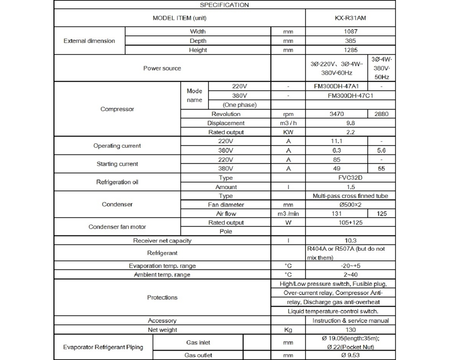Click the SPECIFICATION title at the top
pyautogui.click(x=224, y=5)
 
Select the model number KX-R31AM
pyautogui.click(x=350, y=18)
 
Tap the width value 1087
pyautogui.click(x=350, y=32)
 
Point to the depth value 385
pyautogui.click(x=350, y=41)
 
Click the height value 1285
pyautogui.click(x=350, y=50)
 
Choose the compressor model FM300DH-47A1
pyautogui.click(x=336, y=86)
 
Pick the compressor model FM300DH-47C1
pyautogui.click(x=350, y=96)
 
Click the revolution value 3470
pyautogui.click(x=336, y=114)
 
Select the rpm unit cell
pyautogui.click(x=288, y=114)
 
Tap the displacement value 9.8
pyautogui.click(x=350, y=123)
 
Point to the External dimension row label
pyautogui.click(x=89, y=41)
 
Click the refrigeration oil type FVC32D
pyautogui.click(x=350, y=178)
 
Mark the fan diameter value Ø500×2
pyautogui.click(x=350, y=205)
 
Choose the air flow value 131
pyautogui.click(x=336, y=213)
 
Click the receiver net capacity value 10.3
pyautogui.click(x=350, y=240)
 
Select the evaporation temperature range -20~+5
pyautogui.click(x=350, y=266)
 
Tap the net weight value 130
pyautogui.click(x=350, y=330)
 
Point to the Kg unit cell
pyautogui.click(x=288, y=330)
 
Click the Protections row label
pyautogui.click(x=162, y=297)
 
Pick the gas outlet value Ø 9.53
pyautogui.click(x=350, y=355)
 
